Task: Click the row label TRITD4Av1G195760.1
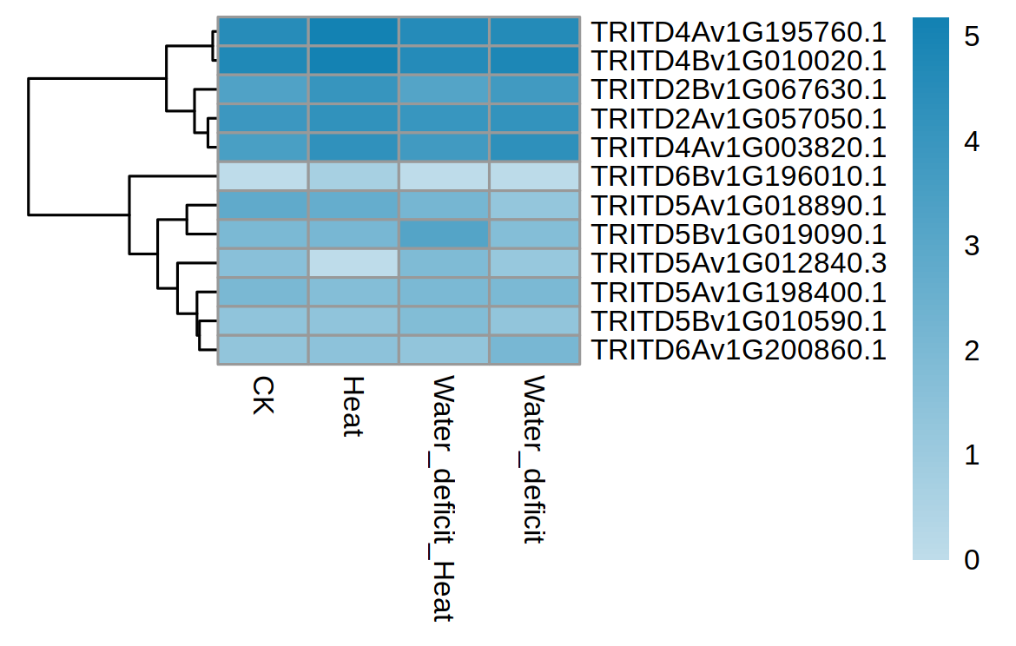tap(738, 32)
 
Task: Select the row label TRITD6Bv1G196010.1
tap(738, 176)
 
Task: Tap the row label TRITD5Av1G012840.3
tap(738, 263)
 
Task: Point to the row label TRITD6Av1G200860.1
tap(738, 350)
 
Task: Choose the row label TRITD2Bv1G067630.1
tap(738, 89)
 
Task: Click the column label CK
tap(262, 395)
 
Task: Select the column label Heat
tap(353, 406)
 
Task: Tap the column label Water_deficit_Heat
tap(444, 499)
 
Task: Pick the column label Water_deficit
tap(534, 459)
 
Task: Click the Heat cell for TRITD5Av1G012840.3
tap(353, 263)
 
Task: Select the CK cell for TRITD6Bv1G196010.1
tap(262, 176)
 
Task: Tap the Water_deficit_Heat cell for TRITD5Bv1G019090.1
tap(444, 234)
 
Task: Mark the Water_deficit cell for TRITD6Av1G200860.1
tap(534, 350)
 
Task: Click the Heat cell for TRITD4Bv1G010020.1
tap(353, 61)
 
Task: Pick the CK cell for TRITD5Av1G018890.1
tap(262, 205)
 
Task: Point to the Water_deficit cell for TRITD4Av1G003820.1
tap(534, 148)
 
